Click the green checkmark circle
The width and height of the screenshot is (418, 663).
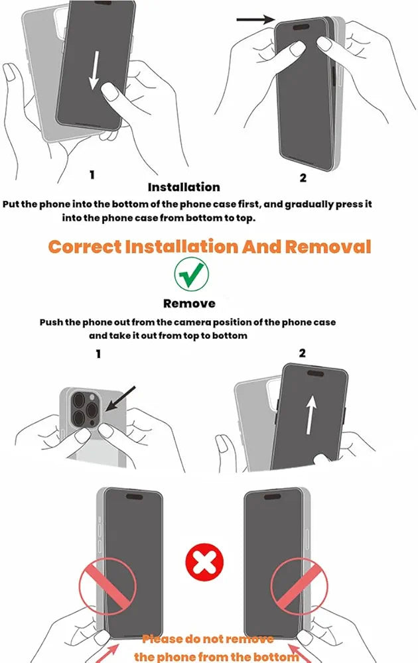pyautogui.click(x=192, y=274)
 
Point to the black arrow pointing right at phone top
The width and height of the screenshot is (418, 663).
pyautogui.click(x=255, y=21)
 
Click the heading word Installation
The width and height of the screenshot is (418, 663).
pyautogui.click(x=184, y=187)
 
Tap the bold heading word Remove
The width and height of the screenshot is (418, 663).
pyautogui.click(x=189, y=303)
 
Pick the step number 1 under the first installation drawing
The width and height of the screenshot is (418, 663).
pyautogui.click(x=92, y=175)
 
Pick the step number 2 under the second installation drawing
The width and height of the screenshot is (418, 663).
pyautogui.click(x=303, y=177)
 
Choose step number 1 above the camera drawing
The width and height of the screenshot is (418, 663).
pyautogui.click(x=98, y=353)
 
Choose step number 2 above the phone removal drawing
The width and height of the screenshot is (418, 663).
pyautogui.click(x=302, y=353)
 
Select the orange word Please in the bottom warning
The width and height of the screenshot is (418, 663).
pyautogui.click(x=163, y=640)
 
